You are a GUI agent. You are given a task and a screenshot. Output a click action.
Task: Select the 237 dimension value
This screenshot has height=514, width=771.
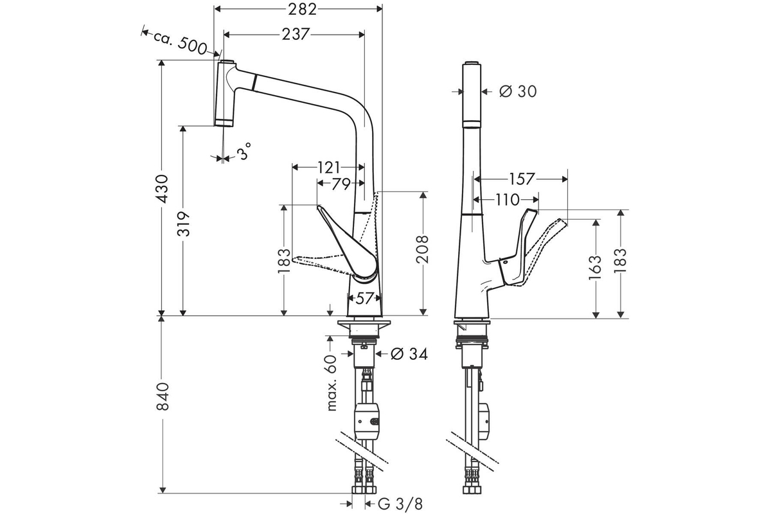click(x=296, y=34)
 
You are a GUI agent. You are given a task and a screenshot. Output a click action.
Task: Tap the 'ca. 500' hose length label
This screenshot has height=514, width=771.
click(x=180, y=44)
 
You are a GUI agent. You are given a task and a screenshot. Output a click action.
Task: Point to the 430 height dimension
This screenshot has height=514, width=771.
click(x=162, y=189)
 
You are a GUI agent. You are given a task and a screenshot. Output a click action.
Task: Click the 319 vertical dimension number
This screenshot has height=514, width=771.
click(x=183, y=224)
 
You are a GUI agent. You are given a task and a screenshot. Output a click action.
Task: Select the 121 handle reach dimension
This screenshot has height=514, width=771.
click(x=328, y=167)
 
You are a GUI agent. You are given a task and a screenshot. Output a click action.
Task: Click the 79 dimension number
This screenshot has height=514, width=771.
click(x=341, y=184)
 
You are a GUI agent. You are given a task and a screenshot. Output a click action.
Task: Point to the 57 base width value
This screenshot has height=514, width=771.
click(x=364, y=299)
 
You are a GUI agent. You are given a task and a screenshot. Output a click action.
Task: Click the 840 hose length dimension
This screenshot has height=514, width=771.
click(x=163, y=396)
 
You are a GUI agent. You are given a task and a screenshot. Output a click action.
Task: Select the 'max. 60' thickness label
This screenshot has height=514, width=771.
click(x=331, y=382)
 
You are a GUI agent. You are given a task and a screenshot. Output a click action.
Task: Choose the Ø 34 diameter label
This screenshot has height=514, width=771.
click(x=409, y=354)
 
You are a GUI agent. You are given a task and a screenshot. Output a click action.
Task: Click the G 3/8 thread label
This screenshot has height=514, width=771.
click(x=400, y=504)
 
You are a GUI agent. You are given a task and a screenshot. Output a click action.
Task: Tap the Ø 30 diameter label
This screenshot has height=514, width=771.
click(x=518, y=92)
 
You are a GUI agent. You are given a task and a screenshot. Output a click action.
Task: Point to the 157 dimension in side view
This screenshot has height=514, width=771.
click(x=522, y=179)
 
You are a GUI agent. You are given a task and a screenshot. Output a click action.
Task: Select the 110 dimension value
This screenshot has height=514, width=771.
click(x=508, y=200)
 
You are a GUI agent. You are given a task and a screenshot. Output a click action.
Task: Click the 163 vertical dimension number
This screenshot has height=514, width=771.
click(x=596, y=267)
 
